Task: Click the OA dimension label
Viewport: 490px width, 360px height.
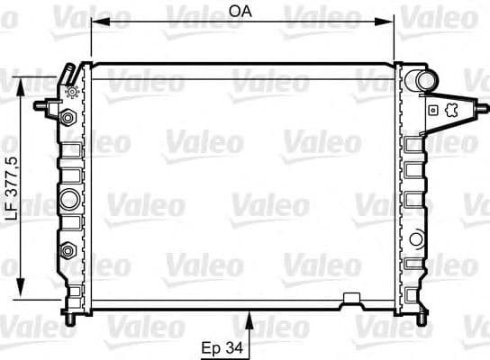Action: [x=240, y=12]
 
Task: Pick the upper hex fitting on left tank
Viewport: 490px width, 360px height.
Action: [x=68, y=118]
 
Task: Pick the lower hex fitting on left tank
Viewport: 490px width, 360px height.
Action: [x=68, y=249]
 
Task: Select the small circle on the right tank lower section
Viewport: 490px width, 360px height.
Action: [x=416, y=239]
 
